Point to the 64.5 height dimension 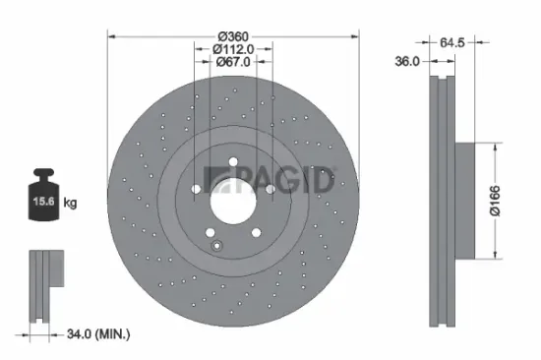click(451, 42)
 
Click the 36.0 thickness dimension click(407, 60)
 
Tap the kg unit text click(70, 203)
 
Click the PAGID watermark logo click(268, 180)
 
